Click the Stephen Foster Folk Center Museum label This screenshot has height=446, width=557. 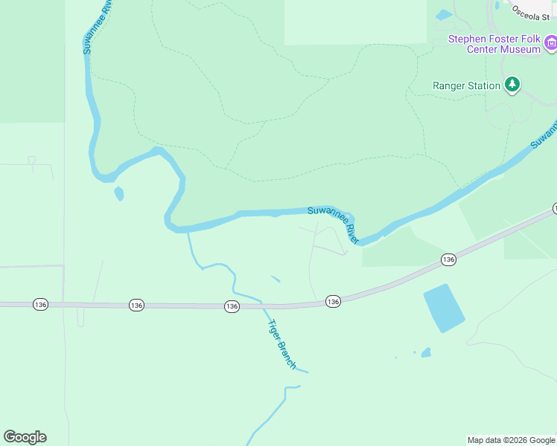tap(494, 44)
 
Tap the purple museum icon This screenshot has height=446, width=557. tap(550, 44)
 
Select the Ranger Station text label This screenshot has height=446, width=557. tap(466, 86)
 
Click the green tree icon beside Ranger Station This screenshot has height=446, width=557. tap(512, 85)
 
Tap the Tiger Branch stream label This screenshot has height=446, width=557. tap(281, 344)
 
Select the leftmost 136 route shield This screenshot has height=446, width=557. tap(40, 305)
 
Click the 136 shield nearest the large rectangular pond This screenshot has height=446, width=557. tap(448, 259)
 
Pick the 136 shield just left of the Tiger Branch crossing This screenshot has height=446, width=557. tap(232, 306)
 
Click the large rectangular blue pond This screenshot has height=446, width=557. tap(444, 308)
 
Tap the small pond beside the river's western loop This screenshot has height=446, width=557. tap(118, 194)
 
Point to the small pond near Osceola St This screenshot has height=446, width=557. tap(444, 14)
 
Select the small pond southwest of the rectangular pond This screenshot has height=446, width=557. tap(426, 352)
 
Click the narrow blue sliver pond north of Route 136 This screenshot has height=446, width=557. tap(276, 279)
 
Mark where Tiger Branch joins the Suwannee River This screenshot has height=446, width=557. tap(188, 233)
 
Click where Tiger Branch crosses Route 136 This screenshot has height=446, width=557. tap(261, 305)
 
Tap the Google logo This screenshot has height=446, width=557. tap(25, 437)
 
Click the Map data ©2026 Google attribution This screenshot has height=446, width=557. tap(511, 440)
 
